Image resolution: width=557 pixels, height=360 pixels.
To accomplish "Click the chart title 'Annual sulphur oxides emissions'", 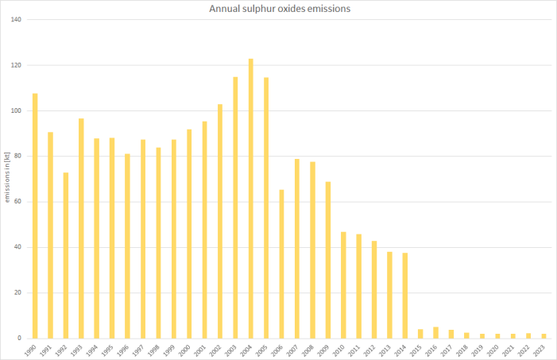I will click(278, 9).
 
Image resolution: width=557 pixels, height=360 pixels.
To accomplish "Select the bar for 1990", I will click(35, 215).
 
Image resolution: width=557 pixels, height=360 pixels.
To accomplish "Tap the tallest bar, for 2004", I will click(251, 198).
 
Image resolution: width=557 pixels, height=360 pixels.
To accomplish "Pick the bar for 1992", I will click(66, 255).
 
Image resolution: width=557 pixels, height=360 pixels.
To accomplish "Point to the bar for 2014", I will click(405, 295).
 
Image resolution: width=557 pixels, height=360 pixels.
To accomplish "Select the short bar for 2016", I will click(436, 332).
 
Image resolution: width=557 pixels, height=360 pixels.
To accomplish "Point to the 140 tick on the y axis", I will click(16, 19).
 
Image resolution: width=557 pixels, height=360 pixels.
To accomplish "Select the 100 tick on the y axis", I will click(16, 110).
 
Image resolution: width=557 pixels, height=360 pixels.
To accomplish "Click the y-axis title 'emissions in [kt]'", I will click(7, 179).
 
